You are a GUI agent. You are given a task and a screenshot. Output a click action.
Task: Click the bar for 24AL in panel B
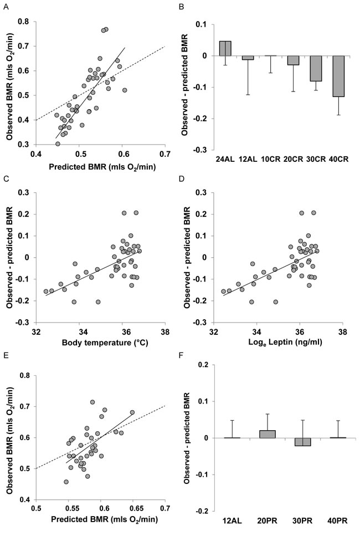pos(225,49)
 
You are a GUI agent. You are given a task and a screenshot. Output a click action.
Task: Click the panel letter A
pos(4,6)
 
